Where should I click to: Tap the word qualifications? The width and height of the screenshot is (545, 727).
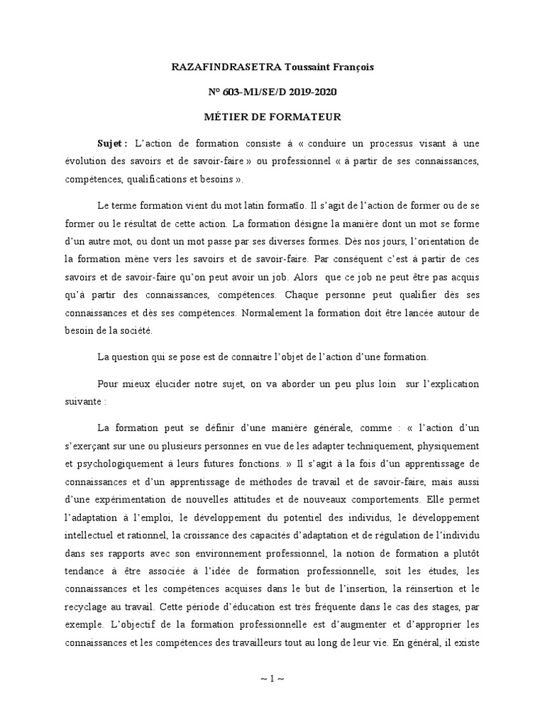157,180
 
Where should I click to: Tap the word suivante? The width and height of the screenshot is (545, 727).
82,400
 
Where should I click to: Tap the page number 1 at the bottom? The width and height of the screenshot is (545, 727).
272,678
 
